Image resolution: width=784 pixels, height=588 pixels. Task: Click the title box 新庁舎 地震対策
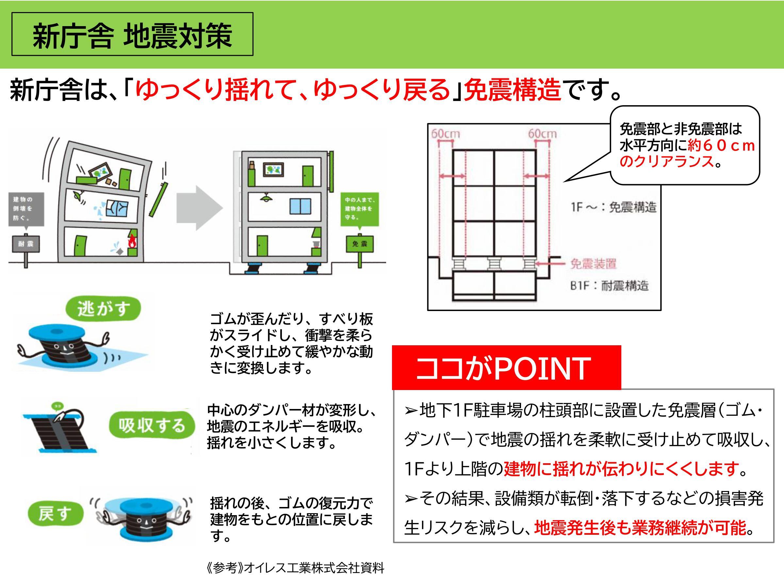coord(132,34)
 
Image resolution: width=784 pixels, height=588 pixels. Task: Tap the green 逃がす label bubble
coord(103,309)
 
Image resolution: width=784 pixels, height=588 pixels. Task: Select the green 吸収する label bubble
coord(152,426)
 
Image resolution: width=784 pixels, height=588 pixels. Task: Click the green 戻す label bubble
coord(55,514)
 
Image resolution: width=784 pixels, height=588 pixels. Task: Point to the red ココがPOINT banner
coord(506,368)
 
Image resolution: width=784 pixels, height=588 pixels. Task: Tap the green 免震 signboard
coord(359,244)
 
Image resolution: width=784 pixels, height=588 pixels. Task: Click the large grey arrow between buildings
coord(200,208)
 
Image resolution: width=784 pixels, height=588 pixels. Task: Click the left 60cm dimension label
coord(446,134)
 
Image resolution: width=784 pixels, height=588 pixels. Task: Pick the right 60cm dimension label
coord(542,134)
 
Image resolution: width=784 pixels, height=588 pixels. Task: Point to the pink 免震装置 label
coord(593,263)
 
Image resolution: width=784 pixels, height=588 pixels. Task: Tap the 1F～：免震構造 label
coord(613,207)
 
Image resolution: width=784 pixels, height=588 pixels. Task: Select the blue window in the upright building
coord(300,206)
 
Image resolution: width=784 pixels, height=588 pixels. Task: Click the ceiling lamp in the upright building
coord(264,198)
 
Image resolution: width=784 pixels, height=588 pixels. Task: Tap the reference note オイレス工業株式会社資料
coord(295,568)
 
